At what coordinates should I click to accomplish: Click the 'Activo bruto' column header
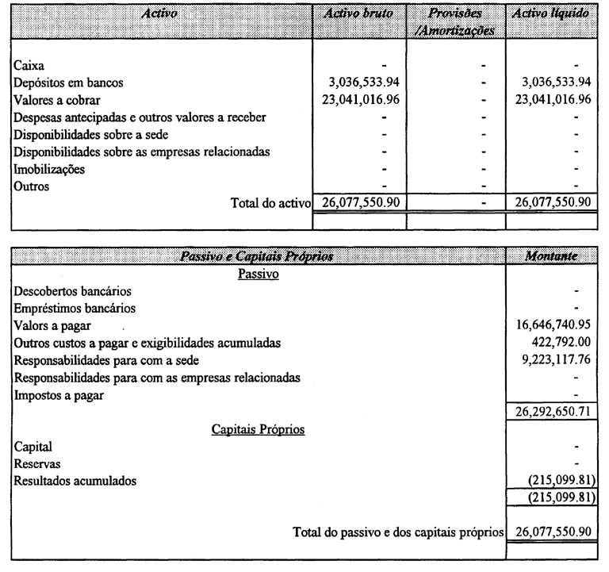tap(360, 13)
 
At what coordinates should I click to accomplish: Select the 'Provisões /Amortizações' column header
tap(454, 21)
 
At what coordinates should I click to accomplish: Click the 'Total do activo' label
tap(270, 202)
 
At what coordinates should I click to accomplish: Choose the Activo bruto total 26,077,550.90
tap(360, 202)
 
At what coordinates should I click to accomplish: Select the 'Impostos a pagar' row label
tap(59, 395)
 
